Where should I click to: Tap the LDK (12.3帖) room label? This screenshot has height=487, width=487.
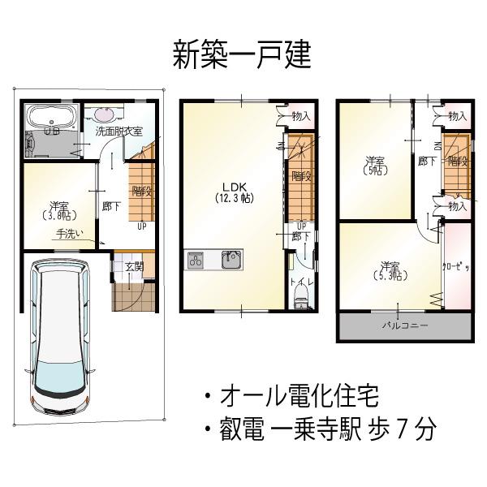[232, 192]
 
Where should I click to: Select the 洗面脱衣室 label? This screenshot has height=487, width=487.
[119, 131]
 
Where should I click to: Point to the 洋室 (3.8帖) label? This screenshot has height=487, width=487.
[58, 210]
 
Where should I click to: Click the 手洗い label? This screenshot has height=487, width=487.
[69, 235]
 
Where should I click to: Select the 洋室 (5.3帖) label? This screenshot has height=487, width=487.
[390, 270]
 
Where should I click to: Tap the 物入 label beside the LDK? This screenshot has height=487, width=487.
[300, 117]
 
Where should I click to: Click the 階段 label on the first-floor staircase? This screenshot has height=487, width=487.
[141, 192]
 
